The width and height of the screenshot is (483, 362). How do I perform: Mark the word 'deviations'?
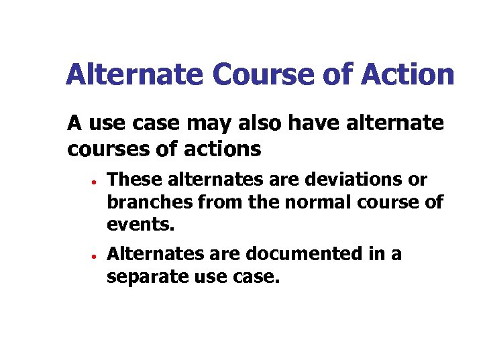[356, 180]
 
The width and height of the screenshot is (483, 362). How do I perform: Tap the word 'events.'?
[140, 225]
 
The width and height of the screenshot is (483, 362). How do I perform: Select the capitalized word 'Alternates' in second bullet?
[152, 254]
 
